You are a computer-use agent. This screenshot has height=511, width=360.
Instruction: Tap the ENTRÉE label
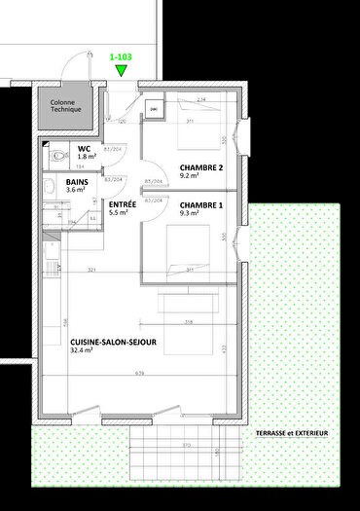123,202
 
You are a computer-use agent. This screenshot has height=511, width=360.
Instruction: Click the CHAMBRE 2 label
200,166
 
